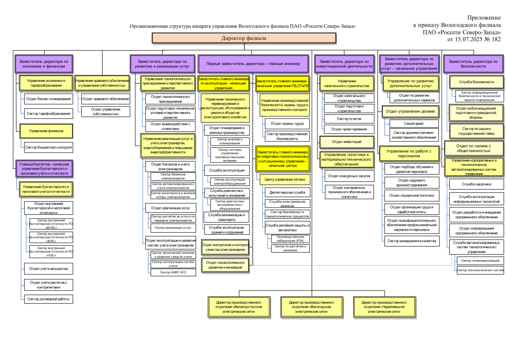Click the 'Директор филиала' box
244,38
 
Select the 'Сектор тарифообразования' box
48,114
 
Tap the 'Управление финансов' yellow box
46,131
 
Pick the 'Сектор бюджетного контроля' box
48,147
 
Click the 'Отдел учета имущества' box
48,269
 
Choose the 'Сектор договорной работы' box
48,299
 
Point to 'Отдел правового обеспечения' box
106,99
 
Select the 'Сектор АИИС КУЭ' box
173,272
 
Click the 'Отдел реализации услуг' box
171,208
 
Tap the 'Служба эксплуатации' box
227,170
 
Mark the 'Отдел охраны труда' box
287,124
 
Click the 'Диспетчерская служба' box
287,192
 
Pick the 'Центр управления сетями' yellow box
285,179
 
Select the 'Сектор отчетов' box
349,119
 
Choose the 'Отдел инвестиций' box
347,142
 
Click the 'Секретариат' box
414,124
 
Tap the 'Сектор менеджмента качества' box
412,241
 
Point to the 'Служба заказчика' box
477,184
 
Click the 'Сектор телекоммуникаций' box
480,261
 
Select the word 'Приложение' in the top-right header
484,18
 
